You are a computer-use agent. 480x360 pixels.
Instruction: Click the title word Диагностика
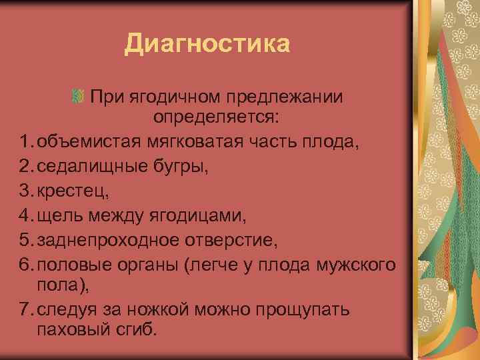pyautogui.click(x=207, y=45)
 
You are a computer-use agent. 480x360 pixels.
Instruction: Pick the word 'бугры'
pyautogui.click(x=184, y=165)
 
